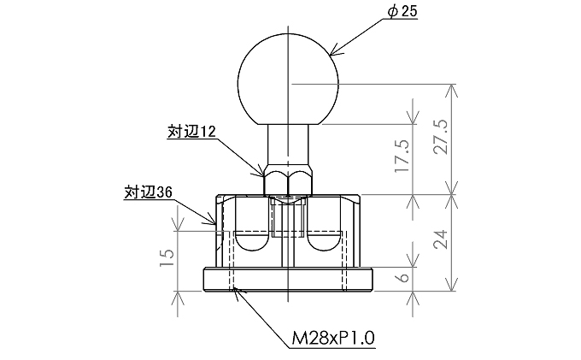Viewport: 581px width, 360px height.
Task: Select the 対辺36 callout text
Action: [149, 192]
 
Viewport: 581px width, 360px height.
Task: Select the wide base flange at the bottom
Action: [290, 280]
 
